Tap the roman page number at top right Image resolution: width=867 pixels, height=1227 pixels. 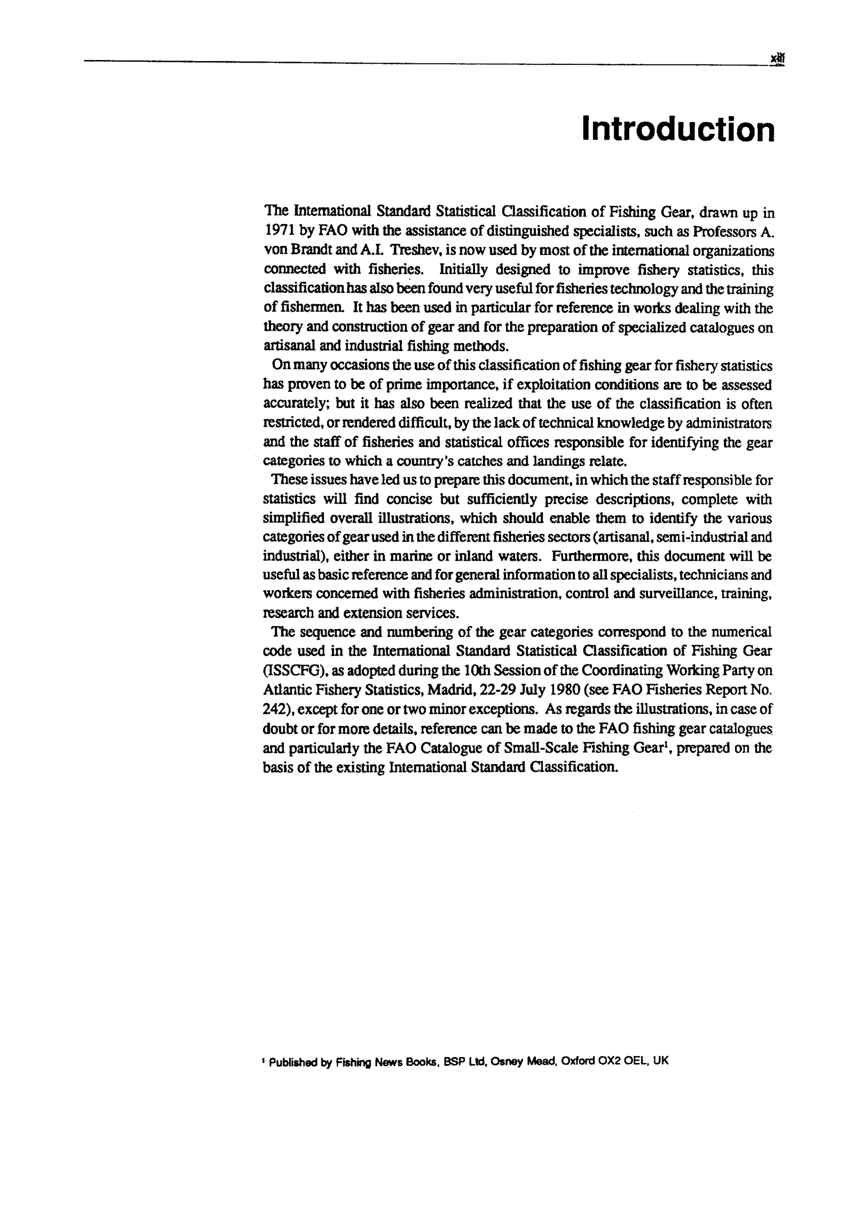pos(777,58)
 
